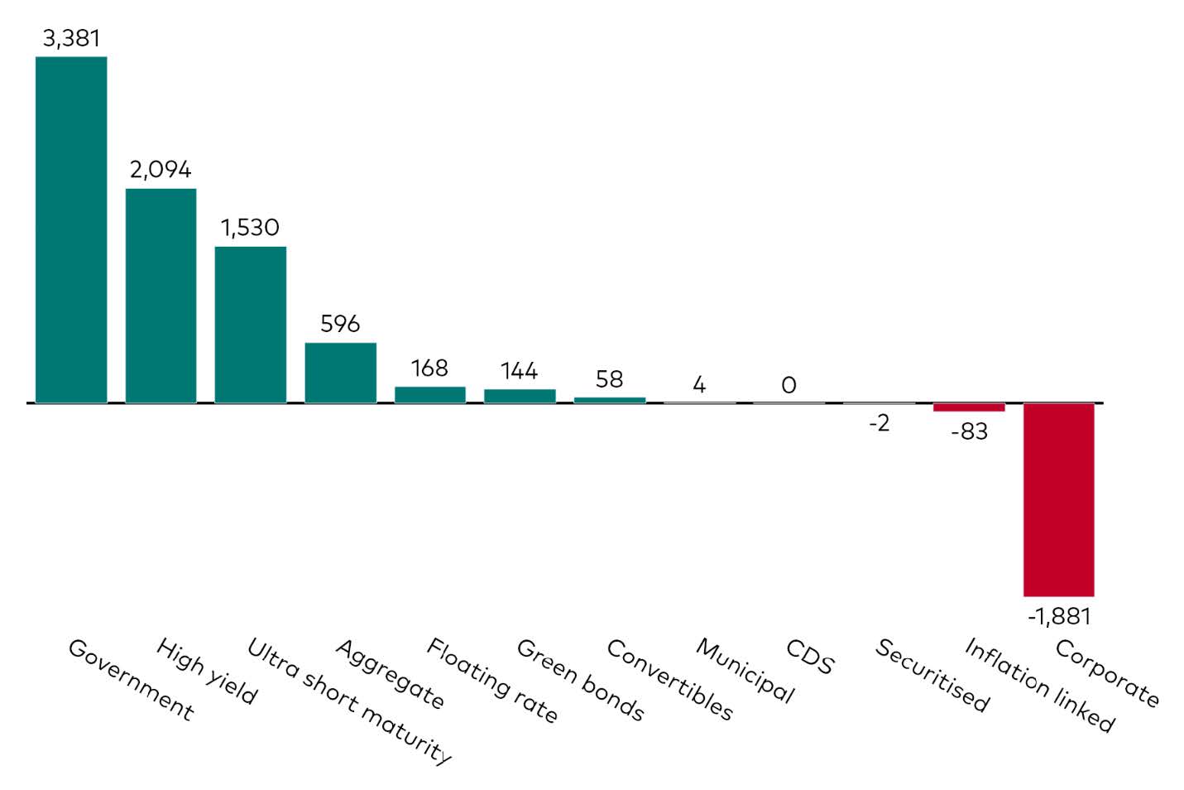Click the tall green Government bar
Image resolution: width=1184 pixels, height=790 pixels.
point(71,229)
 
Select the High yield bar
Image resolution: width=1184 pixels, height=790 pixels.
point(161,296)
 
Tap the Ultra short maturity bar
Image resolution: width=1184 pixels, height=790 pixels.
point(251,325)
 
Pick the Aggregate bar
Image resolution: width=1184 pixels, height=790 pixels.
point(340,373)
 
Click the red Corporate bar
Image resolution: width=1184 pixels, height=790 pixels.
point(1058,499)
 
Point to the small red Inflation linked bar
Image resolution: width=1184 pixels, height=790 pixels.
point(968,407)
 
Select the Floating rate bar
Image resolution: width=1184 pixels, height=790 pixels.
point(429,394)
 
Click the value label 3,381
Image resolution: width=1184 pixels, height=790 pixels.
point(71,38)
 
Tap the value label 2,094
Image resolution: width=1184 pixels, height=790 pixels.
point(161,170)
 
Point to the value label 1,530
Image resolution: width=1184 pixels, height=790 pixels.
point(250,228)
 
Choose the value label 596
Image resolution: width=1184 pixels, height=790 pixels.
point(340,324)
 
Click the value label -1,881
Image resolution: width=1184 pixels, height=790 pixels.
point(1059,616)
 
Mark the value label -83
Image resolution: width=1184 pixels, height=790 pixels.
point(969,431)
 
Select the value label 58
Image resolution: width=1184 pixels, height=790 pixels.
point(609,379)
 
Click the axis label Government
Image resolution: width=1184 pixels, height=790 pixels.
point(131,679)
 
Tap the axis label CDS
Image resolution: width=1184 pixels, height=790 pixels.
point(810,657)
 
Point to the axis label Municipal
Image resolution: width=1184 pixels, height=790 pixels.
point(745,671)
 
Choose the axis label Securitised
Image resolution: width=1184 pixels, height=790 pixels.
point(932,676)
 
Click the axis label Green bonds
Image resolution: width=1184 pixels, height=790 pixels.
point(580,680)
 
